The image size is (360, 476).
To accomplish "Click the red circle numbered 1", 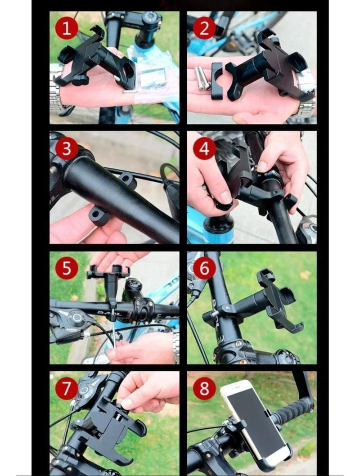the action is point(67,28).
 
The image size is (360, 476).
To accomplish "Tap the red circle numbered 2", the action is point(204,28).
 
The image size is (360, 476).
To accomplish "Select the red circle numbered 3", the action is point(67,148).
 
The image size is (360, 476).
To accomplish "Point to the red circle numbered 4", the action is point(204,148).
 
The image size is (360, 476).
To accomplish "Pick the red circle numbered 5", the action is point(67,268).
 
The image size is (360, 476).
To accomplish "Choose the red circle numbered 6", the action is point(204,268).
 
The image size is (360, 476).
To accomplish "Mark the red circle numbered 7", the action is point(67,388).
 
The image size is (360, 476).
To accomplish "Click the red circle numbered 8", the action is point(204,388).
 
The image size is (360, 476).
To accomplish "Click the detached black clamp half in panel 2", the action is point(217,81).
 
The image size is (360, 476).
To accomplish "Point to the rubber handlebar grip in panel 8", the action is point(292,410).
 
